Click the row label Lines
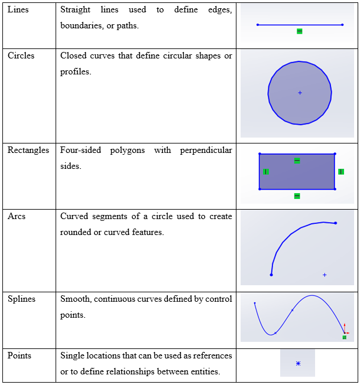(18, 10)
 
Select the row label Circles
(21, 56)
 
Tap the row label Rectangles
(28, 150)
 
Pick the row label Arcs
(16, 216)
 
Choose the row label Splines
(22, 299)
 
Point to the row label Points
(19, 355)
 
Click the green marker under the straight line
(299, 31)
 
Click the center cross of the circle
(300, 93)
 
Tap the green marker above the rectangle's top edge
(297, 161)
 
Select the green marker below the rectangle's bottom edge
(297, 196)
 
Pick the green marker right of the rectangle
(341, 172)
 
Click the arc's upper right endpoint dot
(335, 223)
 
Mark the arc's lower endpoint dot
(271, 275)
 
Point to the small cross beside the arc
(325, 275)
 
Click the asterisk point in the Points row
(298, 364)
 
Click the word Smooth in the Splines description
(73, 299)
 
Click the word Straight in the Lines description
(75, 10)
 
